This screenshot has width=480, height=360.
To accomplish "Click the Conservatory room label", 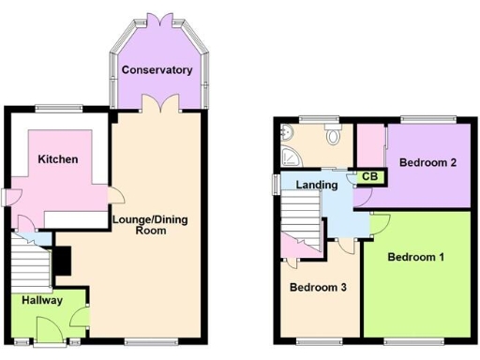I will point(157,70).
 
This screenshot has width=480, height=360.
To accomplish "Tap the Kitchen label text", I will point(57,159).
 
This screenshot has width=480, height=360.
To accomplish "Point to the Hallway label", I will point(38,301).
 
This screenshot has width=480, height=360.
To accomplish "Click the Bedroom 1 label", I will point(416,257).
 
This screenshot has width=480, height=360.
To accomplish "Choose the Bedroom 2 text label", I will point(427,162).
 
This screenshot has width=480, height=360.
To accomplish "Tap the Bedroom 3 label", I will point(318,287).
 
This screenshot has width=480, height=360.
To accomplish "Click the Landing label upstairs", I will point(316,185).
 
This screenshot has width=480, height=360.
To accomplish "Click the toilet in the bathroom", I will point(332,137).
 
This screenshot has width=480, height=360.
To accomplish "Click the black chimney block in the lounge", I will point(62,260).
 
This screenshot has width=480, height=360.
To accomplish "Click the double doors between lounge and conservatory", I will point(157,103).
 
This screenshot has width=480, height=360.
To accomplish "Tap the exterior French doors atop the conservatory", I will point(157,20).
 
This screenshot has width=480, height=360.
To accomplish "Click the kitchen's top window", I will point(59,107).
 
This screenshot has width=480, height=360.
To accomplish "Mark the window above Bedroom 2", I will point(428,120).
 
